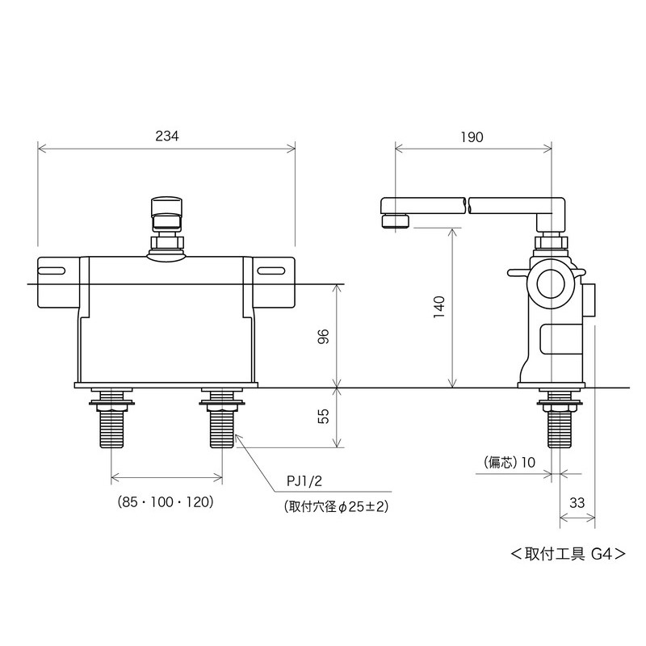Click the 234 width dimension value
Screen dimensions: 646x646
(x=167, y=136)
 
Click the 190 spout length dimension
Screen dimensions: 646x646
(x=473, y=136)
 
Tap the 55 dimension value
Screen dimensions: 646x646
(x=323, y=417)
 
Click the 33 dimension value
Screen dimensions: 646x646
(x=577, y=501)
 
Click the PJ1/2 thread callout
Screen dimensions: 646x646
(x=304, y=481)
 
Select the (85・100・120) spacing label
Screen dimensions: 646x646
(x=165, y=501)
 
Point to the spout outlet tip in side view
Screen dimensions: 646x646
(x=394, y=220)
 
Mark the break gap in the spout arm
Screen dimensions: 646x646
(x=467, y=204)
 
